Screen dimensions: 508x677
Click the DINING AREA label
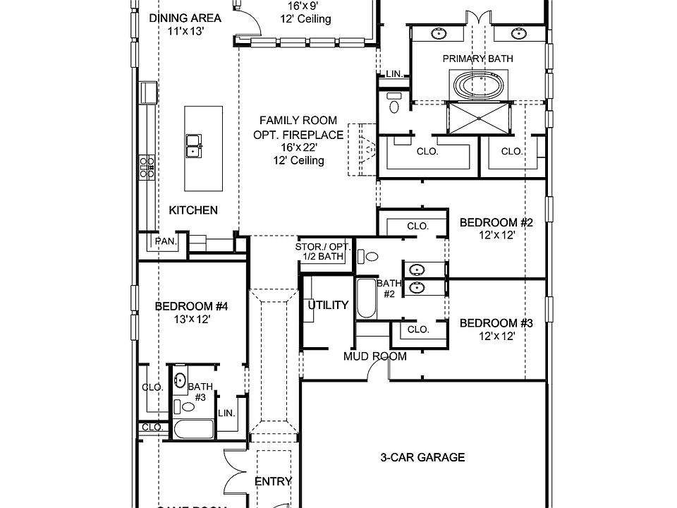(185, 18)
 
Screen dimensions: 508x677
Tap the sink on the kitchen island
(193, 145)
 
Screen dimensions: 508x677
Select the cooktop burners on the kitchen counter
(147, 167)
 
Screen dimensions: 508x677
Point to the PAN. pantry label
(166, 241)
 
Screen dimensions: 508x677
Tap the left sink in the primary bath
(439, 33)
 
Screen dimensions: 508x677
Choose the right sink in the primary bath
(519, 33)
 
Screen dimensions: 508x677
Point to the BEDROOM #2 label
(496, 223)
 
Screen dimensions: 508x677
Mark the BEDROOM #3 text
(496, 323)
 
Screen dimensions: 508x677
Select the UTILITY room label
(328, 306)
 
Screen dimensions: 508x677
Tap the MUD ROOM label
(374, 356)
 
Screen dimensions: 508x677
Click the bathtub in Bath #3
(193, 429)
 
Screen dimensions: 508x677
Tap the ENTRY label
(273, 481)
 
